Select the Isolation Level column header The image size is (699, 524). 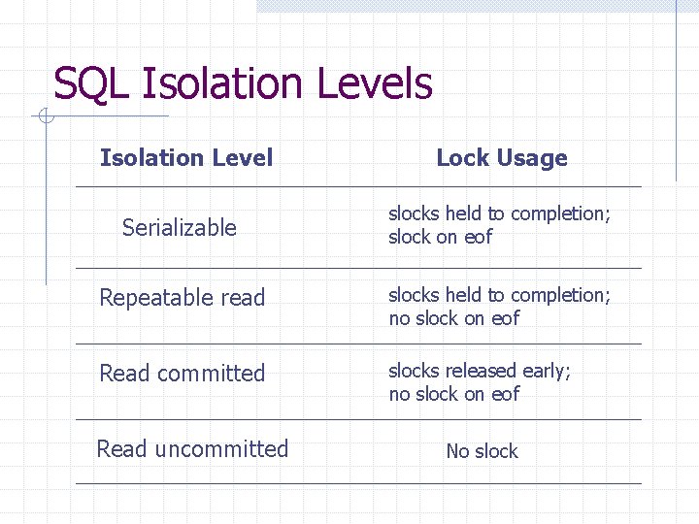[x=186, y=158]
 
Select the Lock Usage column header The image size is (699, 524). [x=502, y=158]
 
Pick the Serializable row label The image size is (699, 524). [x=180, y=228]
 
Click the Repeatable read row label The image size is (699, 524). [x=183, y=298]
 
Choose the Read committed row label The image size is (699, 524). [x=183, y=374]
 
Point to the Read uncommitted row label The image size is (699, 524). [x=192, y=449]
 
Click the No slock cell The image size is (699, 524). [x=482, y=451]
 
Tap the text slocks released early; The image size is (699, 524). [x=480, y=371]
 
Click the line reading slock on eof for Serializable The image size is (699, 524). [x=441, y=237]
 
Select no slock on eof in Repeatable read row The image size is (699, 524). [x=454, y=318]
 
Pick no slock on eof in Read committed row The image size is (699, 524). [x=454, y=394]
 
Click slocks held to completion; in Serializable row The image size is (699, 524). [x=500, y=213]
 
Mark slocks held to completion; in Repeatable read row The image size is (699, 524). [x=500, y=295]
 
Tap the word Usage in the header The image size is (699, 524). [x=531, y=158]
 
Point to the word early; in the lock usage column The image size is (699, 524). [x=549, y=371]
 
